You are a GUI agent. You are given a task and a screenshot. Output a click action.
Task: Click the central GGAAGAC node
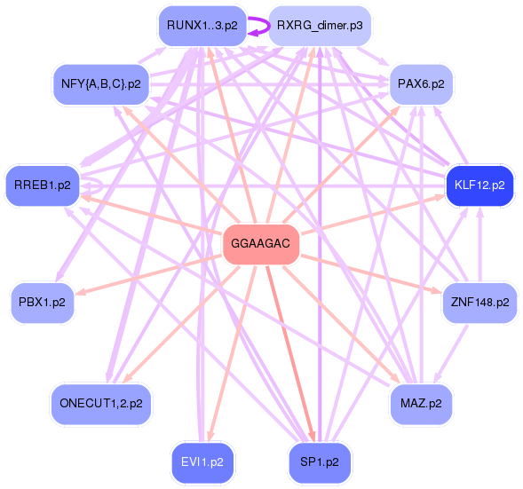coord(260,243)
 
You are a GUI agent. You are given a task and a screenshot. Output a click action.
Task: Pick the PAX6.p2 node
coord(422,84)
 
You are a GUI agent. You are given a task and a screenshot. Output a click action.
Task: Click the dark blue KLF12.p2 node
coord(479,185)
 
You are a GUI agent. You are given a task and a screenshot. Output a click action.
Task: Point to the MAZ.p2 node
coord(422,403)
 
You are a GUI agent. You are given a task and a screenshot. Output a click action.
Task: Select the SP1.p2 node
coord(320,462)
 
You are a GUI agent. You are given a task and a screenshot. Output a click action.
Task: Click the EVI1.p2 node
coord(202,462)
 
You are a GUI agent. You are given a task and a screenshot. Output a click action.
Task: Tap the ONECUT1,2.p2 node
coord(101,403)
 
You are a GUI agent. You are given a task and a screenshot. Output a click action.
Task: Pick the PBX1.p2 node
coord(43,302)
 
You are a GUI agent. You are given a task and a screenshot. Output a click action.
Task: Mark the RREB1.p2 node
coord(43,185)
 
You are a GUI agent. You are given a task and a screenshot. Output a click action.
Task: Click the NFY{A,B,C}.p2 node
coord(101,84)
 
